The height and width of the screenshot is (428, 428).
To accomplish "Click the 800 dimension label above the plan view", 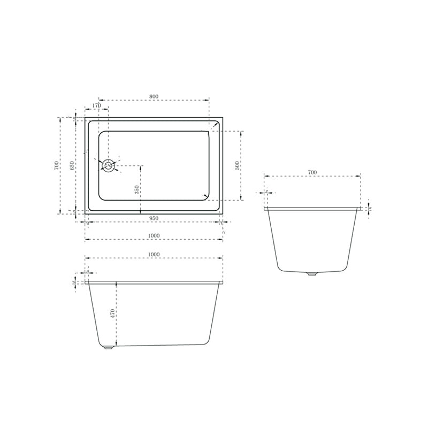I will pos(154,96).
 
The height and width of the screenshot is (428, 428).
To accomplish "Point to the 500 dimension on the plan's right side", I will pos(238,165).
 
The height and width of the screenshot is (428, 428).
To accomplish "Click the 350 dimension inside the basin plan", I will pos(136,189).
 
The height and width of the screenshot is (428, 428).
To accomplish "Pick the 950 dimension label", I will pos(154,218).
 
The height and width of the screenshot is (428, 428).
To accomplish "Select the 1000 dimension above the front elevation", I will pos(154,255).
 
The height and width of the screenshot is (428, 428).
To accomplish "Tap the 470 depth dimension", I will pos(113,313).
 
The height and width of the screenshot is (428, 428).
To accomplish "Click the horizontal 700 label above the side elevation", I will pos(312,172).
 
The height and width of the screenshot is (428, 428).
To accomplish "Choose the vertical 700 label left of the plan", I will pos(57,165).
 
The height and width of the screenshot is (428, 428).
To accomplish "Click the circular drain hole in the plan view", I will pos(109,165).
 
